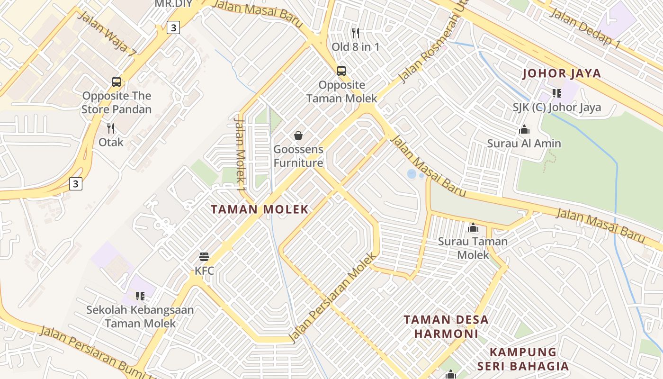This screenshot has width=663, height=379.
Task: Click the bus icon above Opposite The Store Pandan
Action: click(x=116, y=82)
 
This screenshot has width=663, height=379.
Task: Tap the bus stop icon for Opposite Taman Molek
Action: click(x=341, y=71)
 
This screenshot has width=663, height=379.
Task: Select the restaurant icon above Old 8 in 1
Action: click(x=356, y=33)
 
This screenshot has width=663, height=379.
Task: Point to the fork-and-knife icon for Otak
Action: click(x=111, y=128)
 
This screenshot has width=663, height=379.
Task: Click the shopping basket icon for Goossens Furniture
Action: click(x=298, y=136)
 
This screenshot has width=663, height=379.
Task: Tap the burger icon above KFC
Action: click(x=204, y=257)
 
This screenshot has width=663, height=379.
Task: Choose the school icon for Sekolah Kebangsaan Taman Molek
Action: click(x=140, y=296)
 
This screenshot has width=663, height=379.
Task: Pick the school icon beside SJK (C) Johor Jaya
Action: click(x=556, y=93)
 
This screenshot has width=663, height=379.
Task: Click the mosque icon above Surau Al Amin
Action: click(x=524, y=129)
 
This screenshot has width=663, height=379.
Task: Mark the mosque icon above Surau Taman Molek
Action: click(x=473, y=228)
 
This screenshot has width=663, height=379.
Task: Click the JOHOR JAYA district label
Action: click(x=561, y=73)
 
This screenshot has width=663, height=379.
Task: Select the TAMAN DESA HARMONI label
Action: click(x=446, y=326)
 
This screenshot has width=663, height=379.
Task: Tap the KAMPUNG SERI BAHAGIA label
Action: click(x=523, y=359)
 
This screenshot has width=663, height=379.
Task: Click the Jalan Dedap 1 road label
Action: click(x=585, y=28)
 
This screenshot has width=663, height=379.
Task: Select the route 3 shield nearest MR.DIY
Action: click(x=173, y=28)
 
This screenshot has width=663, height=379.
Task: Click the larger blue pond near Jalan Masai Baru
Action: click(x=412, y=174)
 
